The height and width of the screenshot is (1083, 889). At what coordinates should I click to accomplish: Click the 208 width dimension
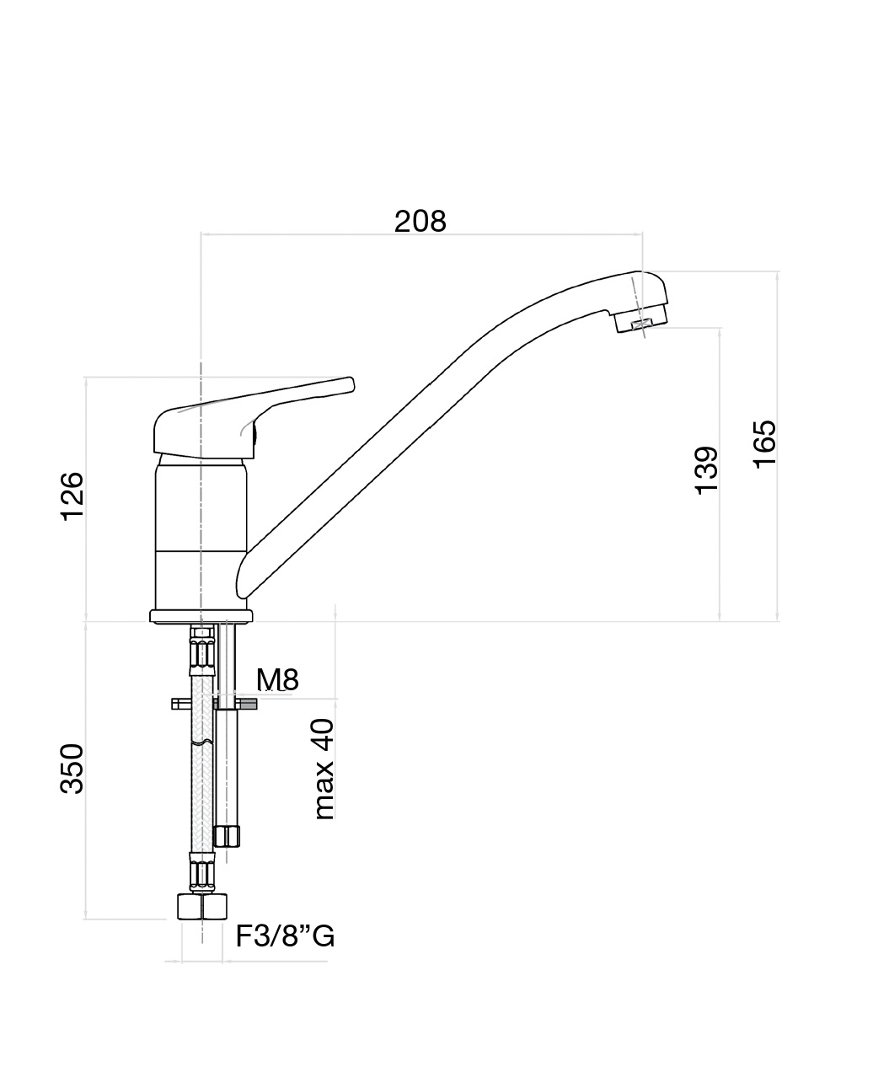pos(420,222)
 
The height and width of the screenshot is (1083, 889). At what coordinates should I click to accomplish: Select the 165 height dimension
pos(765,444)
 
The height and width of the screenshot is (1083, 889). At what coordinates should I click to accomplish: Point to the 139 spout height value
pos(706,471)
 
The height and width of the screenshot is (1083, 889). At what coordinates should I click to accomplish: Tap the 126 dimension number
pos(72,496)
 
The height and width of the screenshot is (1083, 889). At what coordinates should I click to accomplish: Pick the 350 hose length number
pos(72,769)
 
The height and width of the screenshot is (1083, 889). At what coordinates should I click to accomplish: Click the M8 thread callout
pos(277,680)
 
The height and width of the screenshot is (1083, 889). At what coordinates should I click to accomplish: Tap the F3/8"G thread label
pos(285,936)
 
